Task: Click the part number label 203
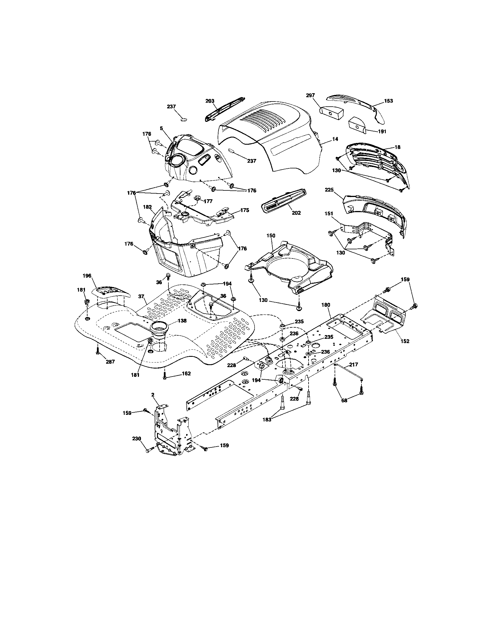coord(210,101)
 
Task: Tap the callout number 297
coord(311,95)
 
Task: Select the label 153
coord(388,101)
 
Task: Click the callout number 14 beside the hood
coord(335,139)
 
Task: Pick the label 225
coord(329,190)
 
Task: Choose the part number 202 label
coord(296,213)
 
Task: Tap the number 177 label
coord(208,201)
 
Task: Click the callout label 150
coord(271,236)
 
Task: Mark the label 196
coord(87,276)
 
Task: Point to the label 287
coord(110,362)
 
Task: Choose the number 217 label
coord(353,365)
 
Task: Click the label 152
coord(405,341)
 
